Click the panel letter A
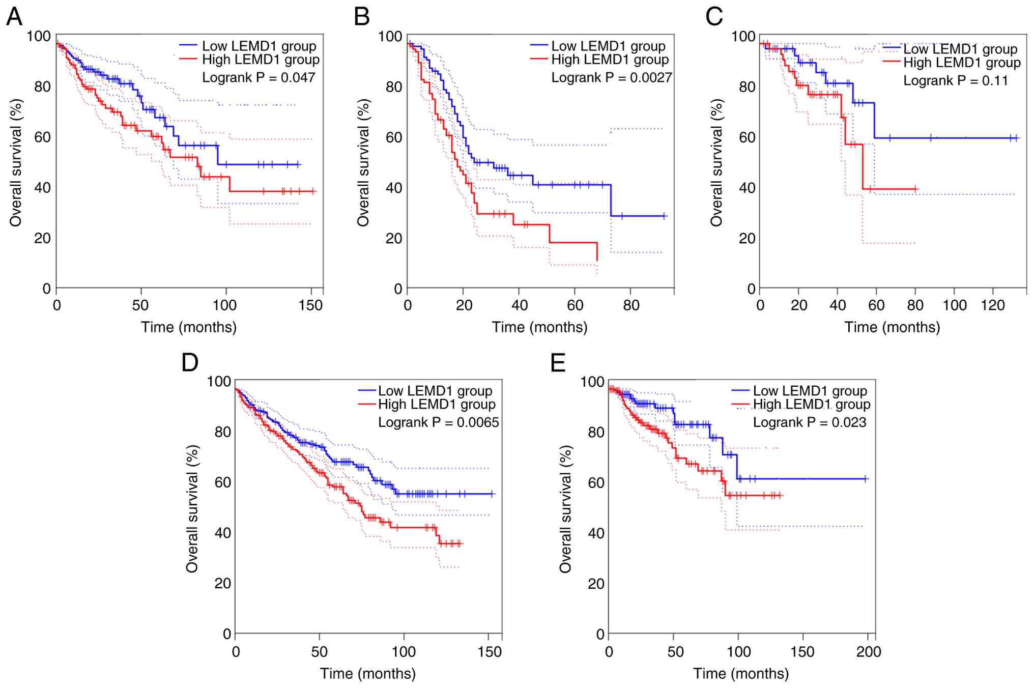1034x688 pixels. pyautogui.click(x=14, y=17)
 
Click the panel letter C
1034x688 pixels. pyautogui.click(x=714, y=17)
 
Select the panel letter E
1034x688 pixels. pyautogui.click(x=558, y=363)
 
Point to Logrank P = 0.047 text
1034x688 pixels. pyautogui.click(x=258, y=78)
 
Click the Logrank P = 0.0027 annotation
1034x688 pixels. pyautogui.click(x=611, y=78)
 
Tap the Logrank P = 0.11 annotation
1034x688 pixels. pyautogui.click(x=955, y=81)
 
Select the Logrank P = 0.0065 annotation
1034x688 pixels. pyautogui.click(x=438, y=422)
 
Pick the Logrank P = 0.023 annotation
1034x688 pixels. pyautogui.click(x=809, y=422)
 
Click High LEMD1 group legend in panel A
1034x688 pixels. pyautogui.click(x=261, y=60)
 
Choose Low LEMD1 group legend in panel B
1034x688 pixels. pyautogui.click(x=608, y=46)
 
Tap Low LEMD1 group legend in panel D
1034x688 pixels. pyautogui.click(x=435, y=391)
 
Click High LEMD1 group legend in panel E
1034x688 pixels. pyautogui.click(x=812, y=405)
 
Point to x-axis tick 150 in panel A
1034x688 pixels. pyautogui.click(x=310, y=305)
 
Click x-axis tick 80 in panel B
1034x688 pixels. pyautogui.click(x=631, y=305)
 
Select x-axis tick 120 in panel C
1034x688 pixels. pyautogui.click(x=993, y=305)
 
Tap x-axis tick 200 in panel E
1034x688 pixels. pyautogui.click(x=869, y=652)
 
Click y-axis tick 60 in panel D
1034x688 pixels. pyautogui.click(x=223, y=482)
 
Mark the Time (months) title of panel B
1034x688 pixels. pyautogui.click(x=539, y=327)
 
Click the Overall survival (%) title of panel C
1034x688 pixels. pyautogui.click(x=716, y=163)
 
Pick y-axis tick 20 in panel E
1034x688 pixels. pyautogui.click(x=596, y=584)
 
